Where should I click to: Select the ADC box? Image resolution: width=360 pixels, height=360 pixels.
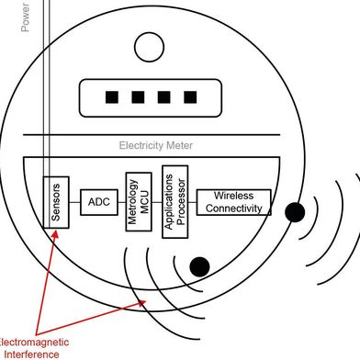98,201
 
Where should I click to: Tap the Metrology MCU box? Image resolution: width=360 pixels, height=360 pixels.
137,201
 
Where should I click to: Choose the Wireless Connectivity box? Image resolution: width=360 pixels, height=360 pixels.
234,202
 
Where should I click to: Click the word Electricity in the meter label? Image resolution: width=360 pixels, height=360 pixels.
142,145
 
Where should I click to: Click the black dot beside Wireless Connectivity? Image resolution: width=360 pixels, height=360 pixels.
295,212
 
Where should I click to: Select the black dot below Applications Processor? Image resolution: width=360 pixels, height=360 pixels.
199,266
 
